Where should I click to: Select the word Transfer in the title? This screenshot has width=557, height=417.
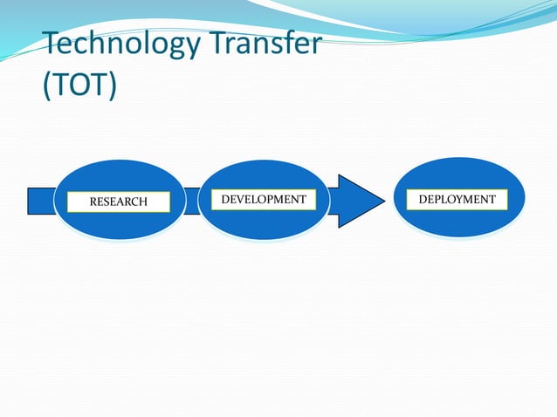pyautogui.click(x=268, y=44)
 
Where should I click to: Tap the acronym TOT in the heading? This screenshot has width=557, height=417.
pyautogui.click(x=79, y=87)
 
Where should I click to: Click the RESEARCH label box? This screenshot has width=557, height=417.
pyautogui.click(x=119, y=202)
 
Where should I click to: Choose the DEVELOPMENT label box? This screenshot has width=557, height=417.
pyautogui.click(x=264, y=200)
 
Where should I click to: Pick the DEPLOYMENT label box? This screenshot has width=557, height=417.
pyautogui.click(x=457, y=200)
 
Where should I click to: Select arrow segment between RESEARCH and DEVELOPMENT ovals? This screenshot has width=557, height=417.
pyautogui.click(x=192, y=201)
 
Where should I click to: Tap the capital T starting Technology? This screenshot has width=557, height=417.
pyautogui.click(x=52, y=44)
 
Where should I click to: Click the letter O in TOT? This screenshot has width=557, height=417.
pyautogui.click(x=79, y=87)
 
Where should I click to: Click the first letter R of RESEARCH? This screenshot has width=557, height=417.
pyautogui.click(x=94, y=202)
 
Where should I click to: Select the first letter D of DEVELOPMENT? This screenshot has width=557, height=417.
pyautogui.click(x=226, y=200)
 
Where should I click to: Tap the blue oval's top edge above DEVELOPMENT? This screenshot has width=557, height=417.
pyautogui.click(x=265, y=161)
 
